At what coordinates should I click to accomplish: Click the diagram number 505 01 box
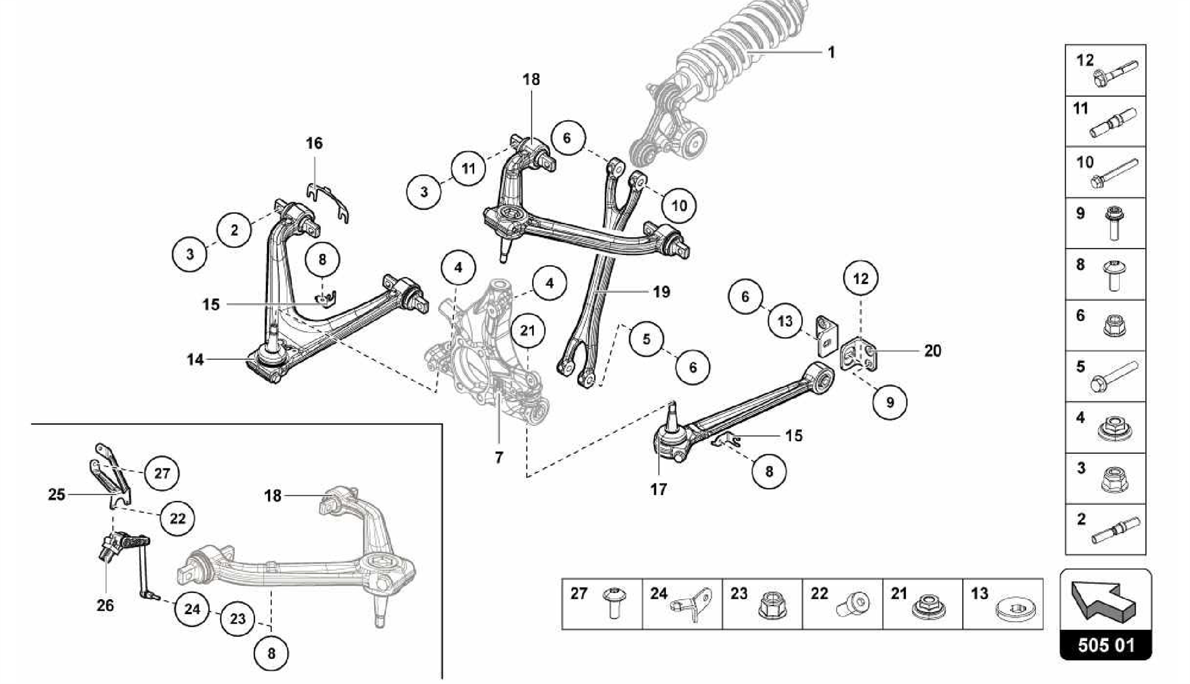(x=1105, y=645)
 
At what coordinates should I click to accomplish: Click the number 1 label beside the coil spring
(x=831, y=52)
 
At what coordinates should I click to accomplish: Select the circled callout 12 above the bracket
(x=861, y=278)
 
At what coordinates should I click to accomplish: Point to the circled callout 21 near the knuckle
(x=527, y=331)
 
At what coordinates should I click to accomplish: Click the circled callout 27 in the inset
(x=162, y=473)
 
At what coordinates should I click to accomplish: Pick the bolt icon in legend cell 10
(x=1114, y=174)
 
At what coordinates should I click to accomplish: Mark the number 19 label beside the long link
(x=661, y=291)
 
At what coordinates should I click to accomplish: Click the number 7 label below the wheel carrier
(x=499, y=457)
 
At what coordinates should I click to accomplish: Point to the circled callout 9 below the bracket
(x=890, y=402)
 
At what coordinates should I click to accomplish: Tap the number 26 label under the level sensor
(x=105, y=606)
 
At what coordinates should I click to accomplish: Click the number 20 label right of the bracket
(x=932, y=350)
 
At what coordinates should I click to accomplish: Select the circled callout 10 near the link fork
(x=679, y=205)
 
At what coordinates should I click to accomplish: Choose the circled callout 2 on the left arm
(x=234, y=230)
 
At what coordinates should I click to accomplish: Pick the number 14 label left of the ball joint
(x=195, y=360)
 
